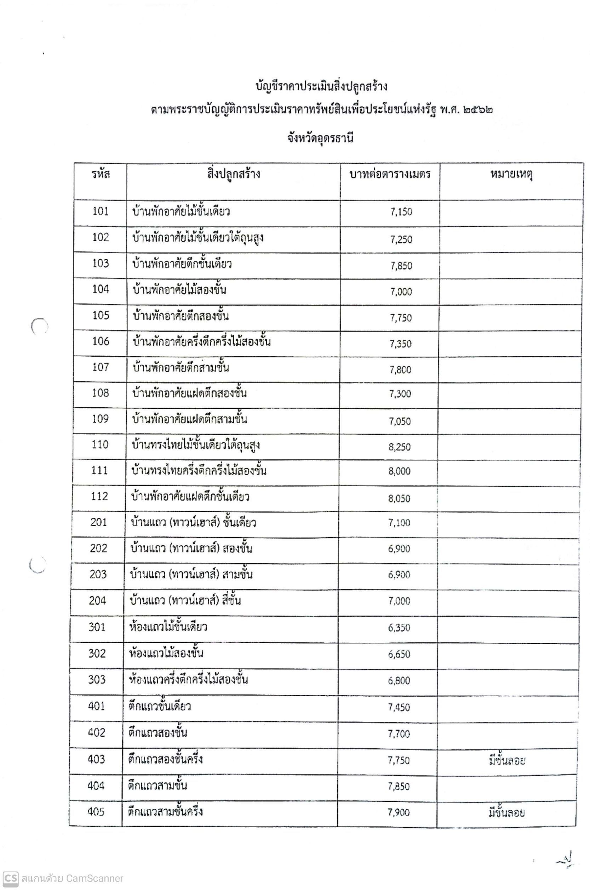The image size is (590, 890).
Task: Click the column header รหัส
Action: tap(101, 174)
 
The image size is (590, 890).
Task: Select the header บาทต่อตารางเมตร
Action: tap(390, 174)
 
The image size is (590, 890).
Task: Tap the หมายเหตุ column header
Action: tap(511, 174)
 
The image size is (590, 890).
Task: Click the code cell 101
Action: tap(101, 211)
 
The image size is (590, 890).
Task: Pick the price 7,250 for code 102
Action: tap(401, 239)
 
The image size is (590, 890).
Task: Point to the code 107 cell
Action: tap(100, 367)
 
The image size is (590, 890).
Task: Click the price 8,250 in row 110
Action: tap(400, 447)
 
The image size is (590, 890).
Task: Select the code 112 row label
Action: tap(99, 496)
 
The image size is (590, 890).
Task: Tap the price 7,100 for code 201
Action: tap(400, 522)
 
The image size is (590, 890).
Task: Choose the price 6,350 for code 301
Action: tap(399, 627)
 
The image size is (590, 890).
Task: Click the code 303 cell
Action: tap(97, 680)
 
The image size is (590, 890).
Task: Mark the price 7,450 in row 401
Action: tap(399, 707)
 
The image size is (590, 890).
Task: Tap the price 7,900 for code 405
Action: tap(399, 812)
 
